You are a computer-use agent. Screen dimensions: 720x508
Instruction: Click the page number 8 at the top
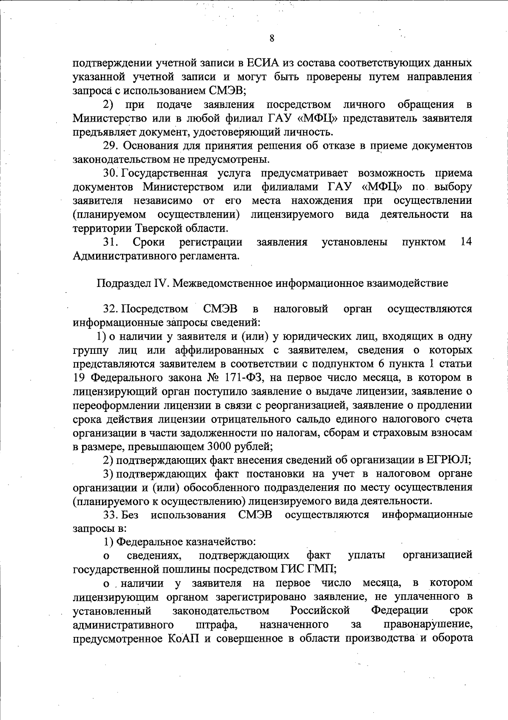pyautogui.click(x=271, y=38)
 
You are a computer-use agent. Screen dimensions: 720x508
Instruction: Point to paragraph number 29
pyautogui.click(x=111, y=146)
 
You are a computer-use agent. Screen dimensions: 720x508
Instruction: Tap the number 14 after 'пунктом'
pyautogui.click(x=466, y=242)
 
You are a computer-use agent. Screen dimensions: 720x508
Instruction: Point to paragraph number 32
pyautogui.click(x=111, y=309)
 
